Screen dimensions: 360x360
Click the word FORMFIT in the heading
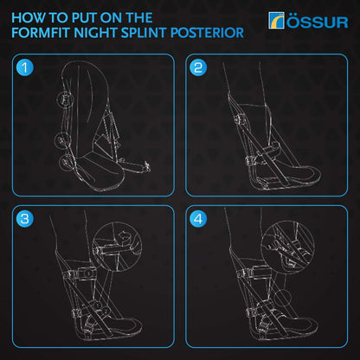tap(44, 33)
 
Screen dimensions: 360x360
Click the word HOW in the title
tap(30, 16)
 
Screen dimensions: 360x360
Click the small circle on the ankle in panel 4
tap(245, 278)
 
